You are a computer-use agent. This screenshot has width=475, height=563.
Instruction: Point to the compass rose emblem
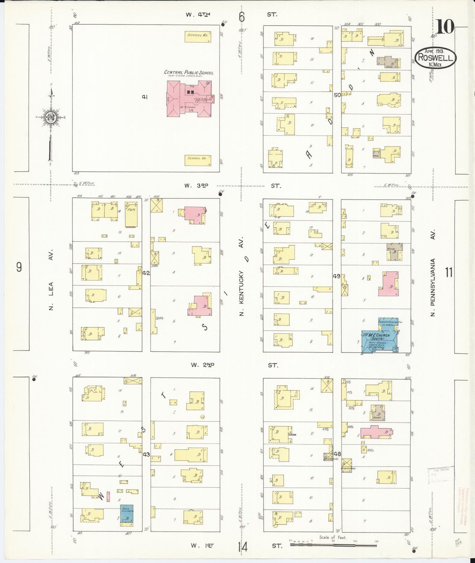(50, 119)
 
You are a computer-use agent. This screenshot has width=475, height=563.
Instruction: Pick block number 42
(146, 273)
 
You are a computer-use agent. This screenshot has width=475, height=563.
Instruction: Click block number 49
(336, 277)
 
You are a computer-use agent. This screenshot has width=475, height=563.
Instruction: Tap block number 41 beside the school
(144, 97)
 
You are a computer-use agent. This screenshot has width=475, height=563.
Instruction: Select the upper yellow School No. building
(198, 36)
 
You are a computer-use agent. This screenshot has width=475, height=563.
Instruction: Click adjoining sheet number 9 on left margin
(19, 267)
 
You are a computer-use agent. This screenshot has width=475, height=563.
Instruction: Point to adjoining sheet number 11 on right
(449, 273)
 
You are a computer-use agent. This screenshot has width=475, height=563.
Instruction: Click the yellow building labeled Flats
(131, 217)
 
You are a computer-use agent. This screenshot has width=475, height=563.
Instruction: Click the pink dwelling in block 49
(389, 284)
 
